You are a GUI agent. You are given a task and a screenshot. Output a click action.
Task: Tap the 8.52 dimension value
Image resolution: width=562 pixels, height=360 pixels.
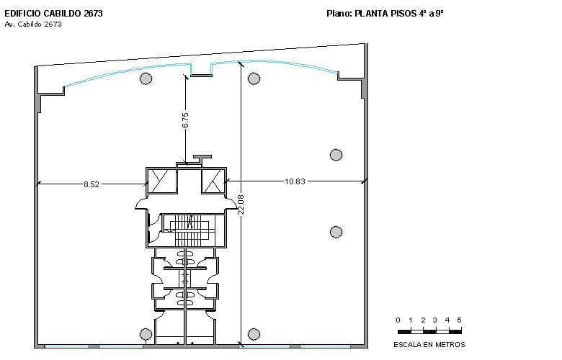(x=92, y=184)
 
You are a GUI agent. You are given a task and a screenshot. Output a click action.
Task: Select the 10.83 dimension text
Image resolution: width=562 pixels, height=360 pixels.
(x=295, y=181)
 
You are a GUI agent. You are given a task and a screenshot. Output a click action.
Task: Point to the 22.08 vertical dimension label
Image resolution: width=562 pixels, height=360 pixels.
(x=241, y=204)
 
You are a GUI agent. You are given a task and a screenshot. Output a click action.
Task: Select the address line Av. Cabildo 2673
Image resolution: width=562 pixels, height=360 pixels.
(x=33, y=24)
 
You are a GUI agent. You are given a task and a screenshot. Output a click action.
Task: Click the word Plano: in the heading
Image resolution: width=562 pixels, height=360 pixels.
(x=339, y=13)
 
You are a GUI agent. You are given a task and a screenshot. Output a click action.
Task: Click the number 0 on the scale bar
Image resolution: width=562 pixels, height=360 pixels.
(x=398, y=320)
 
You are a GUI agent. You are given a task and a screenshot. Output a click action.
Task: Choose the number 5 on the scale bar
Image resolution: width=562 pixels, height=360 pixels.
(x=459, y=320)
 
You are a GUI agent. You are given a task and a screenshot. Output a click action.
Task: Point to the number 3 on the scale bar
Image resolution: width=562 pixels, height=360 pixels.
(x=434, y=320)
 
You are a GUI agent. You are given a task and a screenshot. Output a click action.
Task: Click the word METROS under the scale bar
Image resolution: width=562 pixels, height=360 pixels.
(x=449, y=344)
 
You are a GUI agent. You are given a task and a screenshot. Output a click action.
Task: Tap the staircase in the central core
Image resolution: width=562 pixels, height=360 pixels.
(x=186, y=230)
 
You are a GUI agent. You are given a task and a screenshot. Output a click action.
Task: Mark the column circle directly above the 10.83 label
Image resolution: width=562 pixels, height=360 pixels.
(x=336, y=154)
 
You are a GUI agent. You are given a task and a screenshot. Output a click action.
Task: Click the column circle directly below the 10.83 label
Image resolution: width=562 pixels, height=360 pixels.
(x=336, y=231)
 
